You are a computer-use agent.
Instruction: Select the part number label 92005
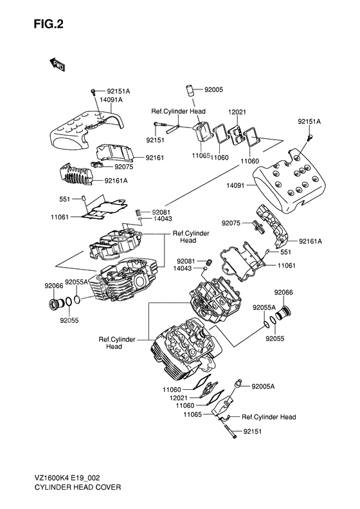tap(214, 90)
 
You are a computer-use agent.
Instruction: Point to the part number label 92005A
tap(263, 386)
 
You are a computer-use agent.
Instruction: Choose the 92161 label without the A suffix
tap(155, 157)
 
